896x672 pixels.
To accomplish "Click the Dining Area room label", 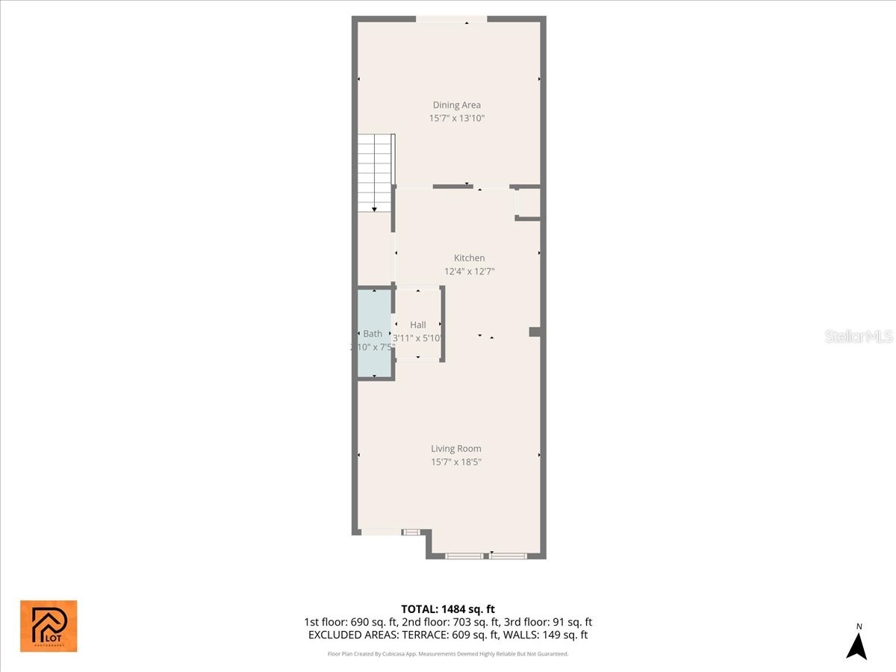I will tap(456, 105).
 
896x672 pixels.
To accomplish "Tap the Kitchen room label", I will tap(469, 258).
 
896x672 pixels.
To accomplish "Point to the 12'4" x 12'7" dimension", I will tap(469, 272).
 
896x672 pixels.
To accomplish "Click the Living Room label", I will tap(455, 449).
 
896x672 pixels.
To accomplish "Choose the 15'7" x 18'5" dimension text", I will tap(455, 462).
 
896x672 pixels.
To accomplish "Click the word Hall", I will tap(418, 325).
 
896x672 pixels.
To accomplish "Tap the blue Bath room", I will tap(374, 333).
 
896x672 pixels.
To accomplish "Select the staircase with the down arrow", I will tap(374, 172).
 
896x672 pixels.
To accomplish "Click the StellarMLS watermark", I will tap(859, 337).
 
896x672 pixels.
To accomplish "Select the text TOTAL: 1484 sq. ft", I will tap(448, 609).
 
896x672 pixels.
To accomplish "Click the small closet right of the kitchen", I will tap(528, 202).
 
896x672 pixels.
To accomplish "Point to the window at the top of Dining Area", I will tap(452, 19).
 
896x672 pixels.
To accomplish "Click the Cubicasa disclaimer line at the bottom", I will tap(448, 653).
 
